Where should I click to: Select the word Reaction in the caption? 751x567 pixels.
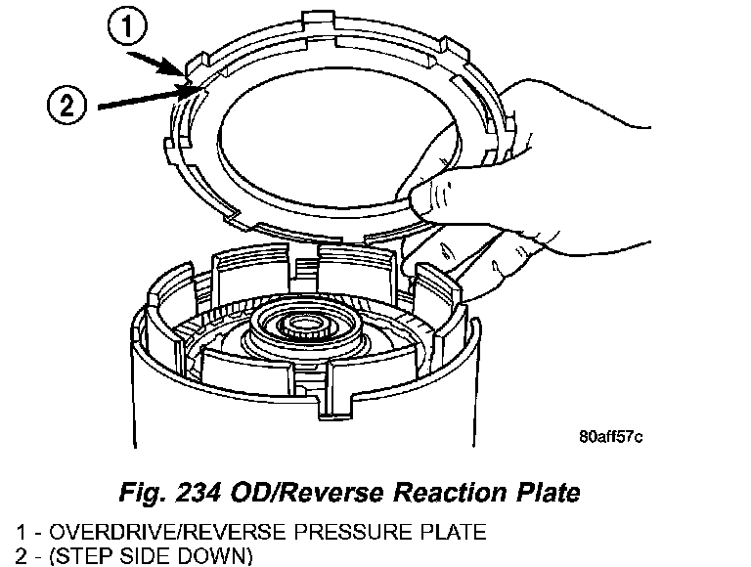pyautogui.click(x=429, y=491)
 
